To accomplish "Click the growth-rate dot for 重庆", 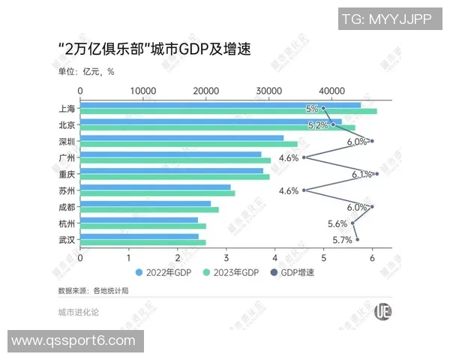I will point(376,174).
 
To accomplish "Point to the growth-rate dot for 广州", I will point(304,157).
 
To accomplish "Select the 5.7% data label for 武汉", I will point(341,240).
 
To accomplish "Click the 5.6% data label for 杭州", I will point(337,223).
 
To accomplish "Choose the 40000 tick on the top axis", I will point(332,91).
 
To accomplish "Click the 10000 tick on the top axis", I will point(143,91).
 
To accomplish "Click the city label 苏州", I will point(66,190).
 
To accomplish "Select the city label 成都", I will point(66,207).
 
